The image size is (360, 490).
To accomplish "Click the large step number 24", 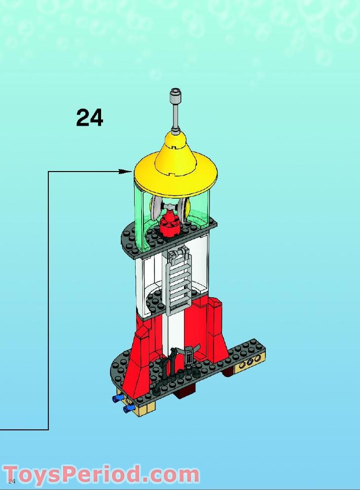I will [x=89, y=118].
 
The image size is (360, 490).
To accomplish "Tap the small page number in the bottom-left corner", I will [x=12, y=481].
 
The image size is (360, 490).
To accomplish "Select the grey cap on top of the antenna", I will [x=175, y=94].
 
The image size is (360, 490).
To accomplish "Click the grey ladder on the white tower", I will [x=178, y=281].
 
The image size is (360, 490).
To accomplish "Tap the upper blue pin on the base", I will [x=118, y=398].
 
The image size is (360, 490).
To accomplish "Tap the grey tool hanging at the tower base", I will [x=190, y=356].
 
